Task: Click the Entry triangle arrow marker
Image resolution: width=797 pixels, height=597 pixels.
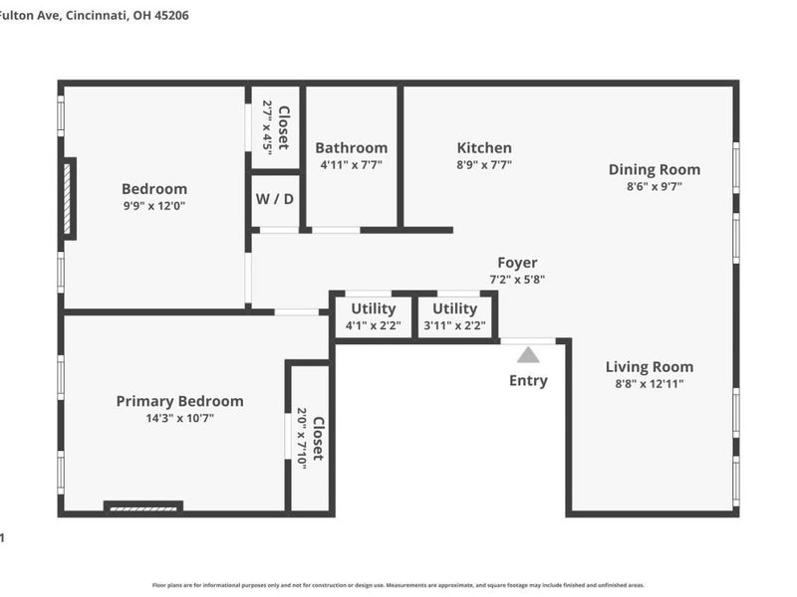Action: [x=528, y=355]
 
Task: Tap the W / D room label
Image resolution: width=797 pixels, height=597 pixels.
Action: [x=275, y=198]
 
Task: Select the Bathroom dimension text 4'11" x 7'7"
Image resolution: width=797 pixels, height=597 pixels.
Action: [x=351, y=165]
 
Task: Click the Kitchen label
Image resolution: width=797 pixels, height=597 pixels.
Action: [x=484, y=147]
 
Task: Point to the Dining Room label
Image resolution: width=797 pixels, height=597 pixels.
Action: [x=654, y=169]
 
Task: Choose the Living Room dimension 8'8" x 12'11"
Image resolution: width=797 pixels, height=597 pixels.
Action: [x=650, y=383]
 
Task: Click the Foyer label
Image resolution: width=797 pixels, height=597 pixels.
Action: [x=517, y=263]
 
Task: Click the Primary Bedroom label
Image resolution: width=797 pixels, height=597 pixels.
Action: [x=179, y=401]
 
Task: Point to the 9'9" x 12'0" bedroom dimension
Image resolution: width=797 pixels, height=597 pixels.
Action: [x=153, y=206]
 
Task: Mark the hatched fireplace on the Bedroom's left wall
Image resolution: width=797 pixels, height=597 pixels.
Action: [x=68, y=199]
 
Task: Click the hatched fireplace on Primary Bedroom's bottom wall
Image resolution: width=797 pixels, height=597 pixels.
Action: [x=143, y=507]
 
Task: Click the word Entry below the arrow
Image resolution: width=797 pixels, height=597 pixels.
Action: [x=528, y=380]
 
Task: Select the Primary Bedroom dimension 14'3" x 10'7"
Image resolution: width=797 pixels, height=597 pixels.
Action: [x=179, y=418]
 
